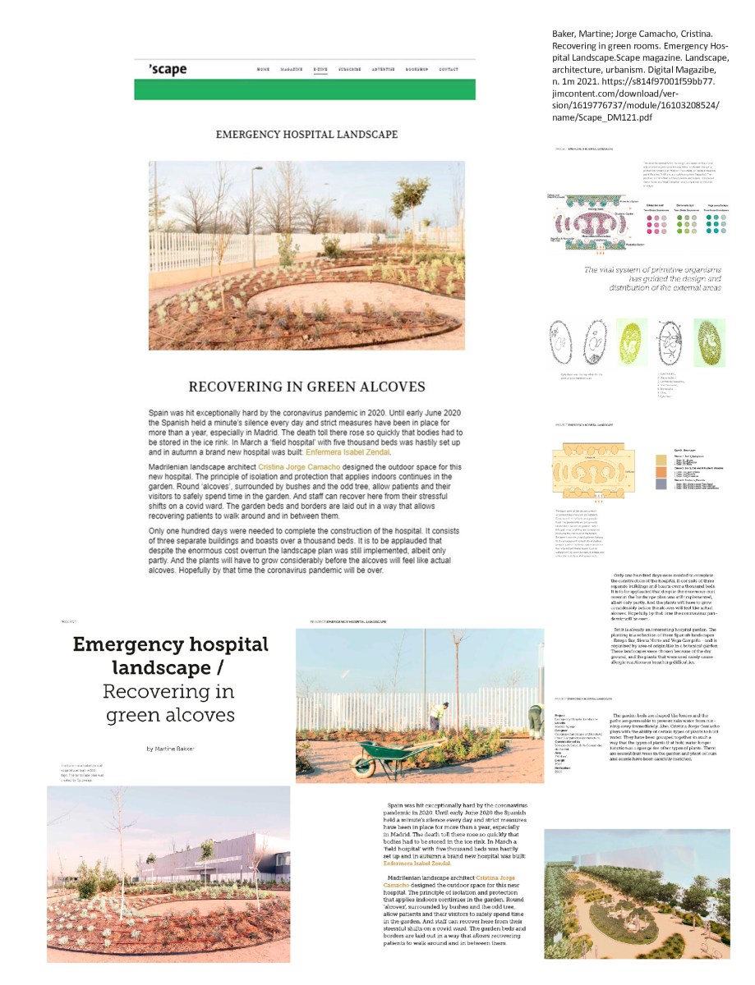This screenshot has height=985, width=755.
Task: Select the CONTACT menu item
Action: (x=449, y=70)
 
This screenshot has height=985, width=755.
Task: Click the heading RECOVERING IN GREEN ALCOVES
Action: (x=306, y=387)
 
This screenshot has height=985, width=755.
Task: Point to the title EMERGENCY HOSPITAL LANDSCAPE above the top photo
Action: (x=306, y=134)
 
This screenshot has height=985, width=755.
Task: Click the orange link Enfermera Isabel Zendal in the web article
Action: (x=348, y=452)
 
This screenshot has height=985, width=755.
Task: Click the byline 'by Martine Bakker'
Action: (x=170, y=749)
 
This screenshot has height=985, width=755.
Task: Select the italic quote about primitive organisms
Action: (x=652, y=278)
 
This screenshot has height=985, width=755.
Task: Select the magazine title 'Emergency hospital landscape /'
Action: (x=170, y=656)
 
